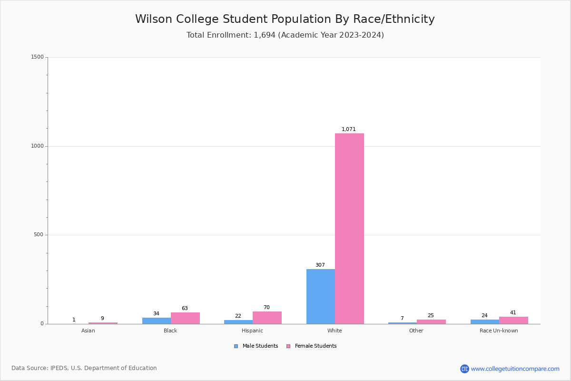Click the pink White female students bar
[349, 229]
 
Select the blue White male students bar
[320, 296]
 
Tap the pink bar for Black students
[185, 318]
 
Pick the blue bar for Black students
[156, 321]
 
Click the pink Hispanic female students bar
[267, 318]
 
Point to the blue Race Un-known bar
[484, 321]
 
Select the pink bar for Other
[431, 321]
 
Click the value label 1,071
[348, 129]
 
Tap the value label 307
[320, 265]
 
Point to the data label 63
[185, 308]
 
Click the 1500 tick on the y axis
[38, 57]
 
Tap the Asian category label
[88, 331]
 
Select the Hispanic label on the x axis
[252, 331]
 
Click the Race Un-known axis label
[499, 331]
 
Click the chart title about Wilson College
[285, 19]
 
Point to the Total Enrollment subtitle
[285, 35]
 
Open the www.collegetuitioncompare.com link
[515, 369]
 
